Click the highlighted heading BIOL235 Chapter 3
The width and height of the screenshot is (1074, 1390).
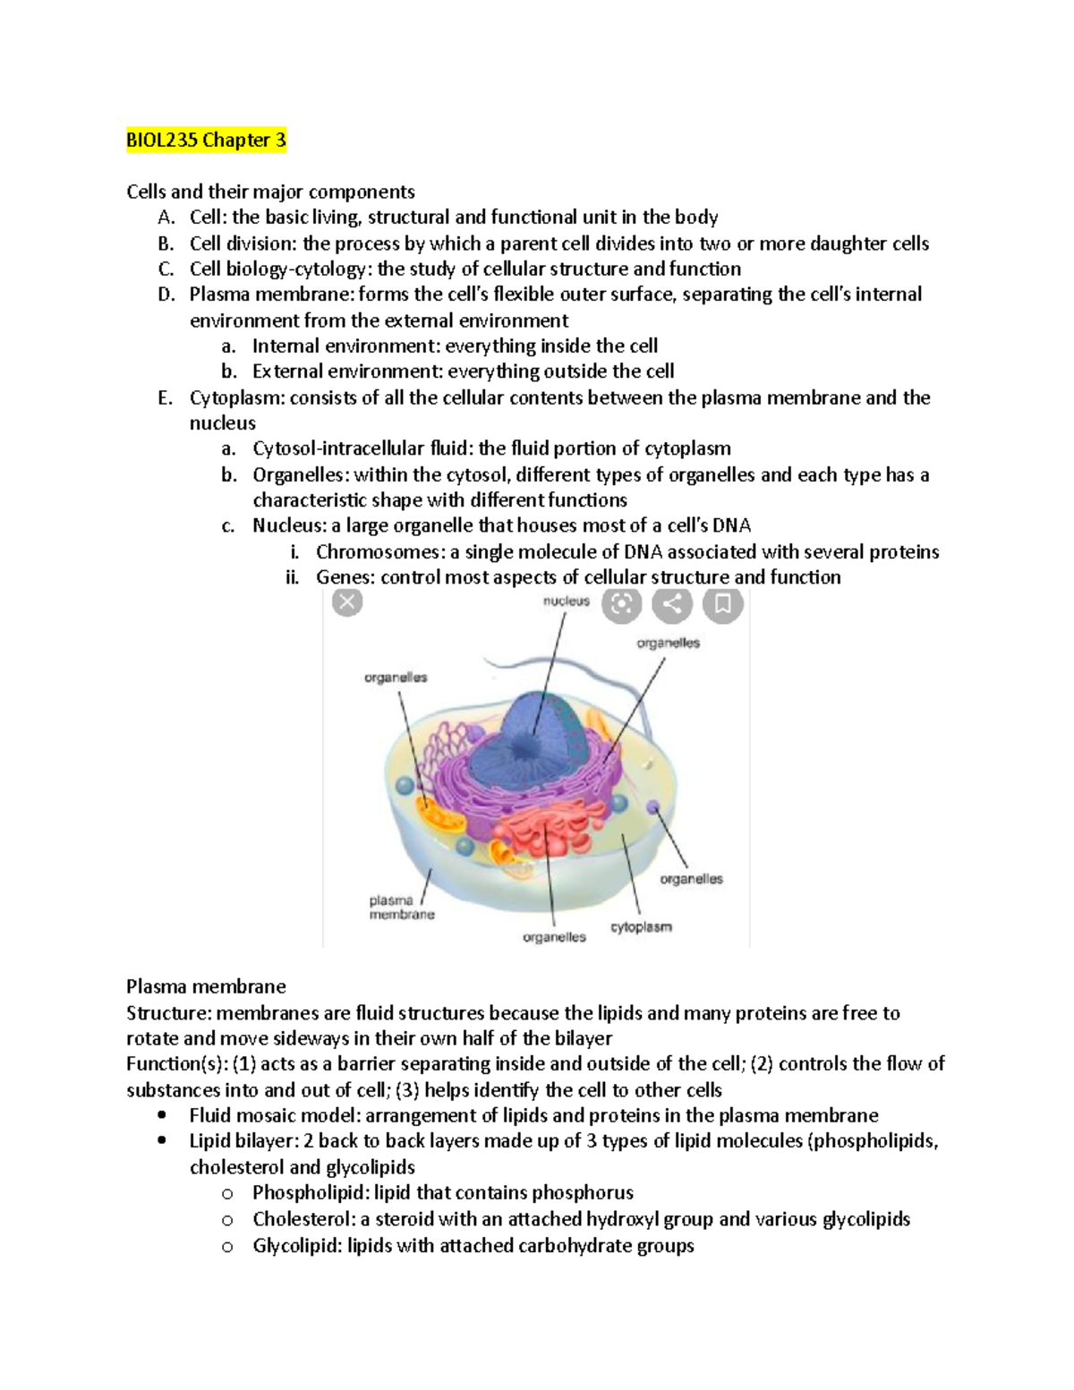(x=206, y=141)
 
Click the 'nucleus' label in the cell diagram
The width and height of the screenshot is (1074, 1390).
(x=567, y=601)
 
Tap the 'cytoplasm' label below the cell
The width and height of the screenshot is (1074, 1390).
(x=641, y=927)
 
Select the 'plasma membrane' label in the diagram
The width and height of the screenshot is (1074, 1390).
(x=402, y=908)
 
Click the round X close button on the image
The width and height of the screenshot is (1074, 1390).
(x=347, y=602)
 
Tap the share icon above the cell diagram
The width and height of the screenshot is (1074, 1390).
(x=672, y=605)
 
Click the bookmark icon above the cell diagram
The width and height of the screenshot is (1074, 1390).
(x=723, y=605)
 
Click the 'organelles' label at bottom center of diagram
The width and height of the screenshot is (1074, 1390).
(x=554, y=937)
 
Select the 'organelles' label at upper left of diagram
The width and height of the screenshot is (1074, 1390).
(x=396, y=678)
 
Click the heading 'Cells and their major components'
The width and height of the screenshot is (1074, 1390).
(x=270, y=192)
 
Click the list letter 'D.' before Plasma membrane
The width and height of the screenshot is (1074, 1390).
(x=166, y=294)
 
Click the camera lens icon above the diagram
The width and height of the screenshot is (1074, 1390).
(x=621, y=605)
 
